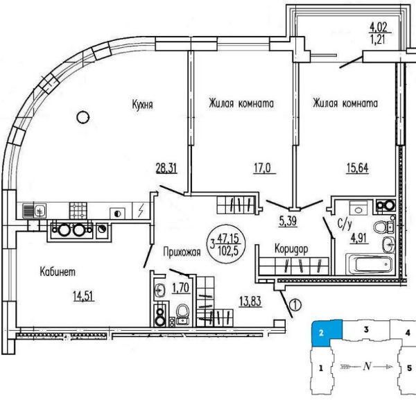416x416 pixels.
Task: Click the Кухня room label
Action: click(143, 105)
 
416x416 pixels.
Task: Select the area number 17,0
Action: click(260, 166)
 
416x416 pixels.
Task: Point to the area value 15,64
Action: click(358, 166)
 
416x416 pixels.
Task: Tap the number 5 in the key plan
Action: click(409, 368)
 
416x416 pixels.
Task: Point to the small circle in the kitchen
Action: click(84, 115)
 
